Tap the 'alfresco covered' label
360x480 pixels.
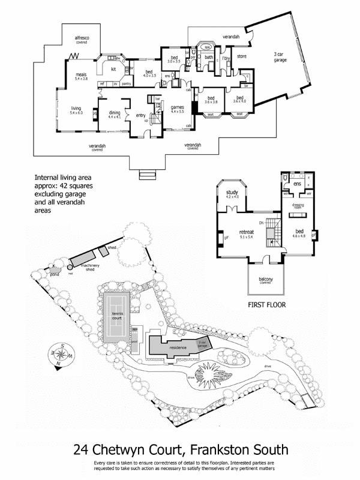[x=82, y=40]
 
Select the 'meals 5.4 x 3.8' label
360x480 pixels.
[x=81, y=77]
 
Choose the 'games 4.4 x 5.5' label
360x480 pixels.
[x=178, y=109]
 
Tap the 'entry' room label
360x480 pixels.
[x=140, y=116]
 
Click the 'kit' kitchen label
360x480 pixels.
[x=112, y=69]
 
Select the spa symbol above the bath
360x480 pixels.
[x=207, y=47]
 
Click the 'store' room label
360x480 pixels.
[x=242, y=57]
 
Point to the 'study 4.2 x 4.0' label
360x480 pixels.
[x=232, y=194]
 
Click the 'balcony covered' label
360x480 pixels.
[x=266, y=281]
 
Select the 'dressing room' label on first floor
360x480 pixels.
[x=298, y=207]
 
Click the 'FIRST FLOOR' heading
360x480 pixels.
[x=266, y=305]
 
